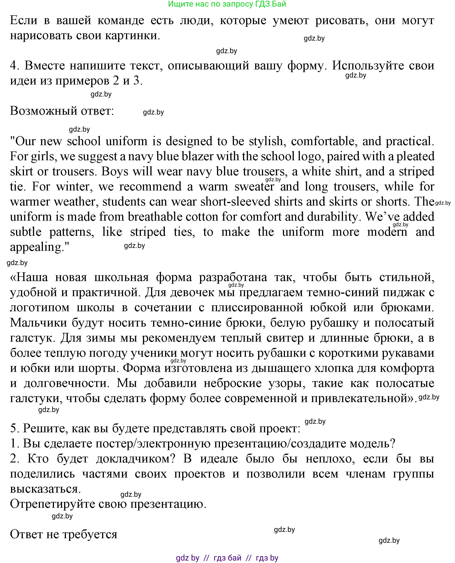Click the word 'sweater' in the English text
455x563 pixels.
(x=254, y=187)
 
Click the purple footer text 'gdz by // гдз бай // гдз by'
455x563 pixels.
(x=227, y=558)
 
